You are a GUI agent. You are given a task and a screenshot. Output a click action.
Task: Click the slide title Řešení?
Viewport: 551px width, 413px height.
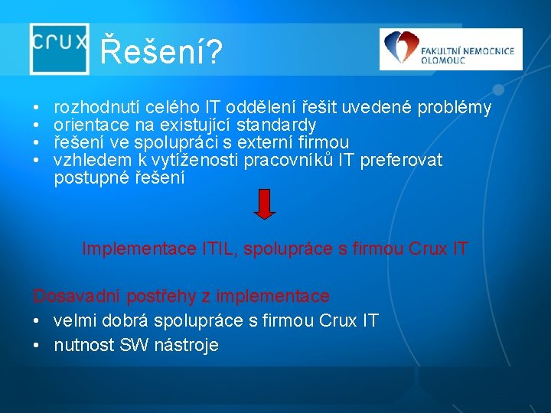tap(161, 52)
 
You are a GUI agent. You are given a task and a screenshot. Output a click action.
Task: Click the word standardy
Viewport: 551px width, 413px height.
tap(277, 125)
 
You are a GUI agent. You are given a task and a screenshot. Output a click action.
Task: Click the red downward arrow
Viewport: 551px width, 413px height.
tap(263, 204)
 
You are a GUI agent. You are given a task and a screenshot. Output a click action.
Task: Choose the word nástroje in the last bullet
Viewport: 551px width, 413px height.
tap(187, 346)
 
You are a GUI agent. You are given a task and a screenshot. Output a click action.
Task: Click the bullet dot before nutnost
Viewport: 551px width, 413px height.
tap(37, 346)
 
